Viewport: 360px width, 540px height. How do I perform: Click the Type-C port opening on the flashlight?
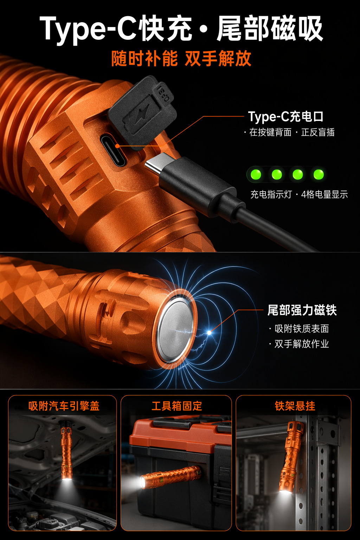[113, 150]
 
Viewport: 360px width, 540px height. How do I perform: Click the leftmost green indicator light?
[256, 174]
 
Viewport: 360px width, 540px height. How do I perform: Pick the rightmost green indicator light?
[319, 174]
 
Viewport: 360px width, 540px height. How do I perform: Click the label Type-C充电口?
[286, 117]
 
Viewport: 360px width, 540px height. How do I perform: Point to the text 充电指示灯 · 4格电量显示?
[299, 194]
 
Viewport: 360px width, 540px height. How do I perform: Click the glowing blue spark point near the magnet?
[209, 333]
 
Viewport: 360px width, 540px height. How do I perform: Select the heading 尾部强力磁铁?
[302, 310]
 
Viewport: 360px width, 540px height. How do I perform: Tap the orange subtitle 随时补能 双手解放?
[181, 59]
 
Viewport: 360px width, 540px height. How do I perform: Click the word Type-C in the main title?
[88, 29]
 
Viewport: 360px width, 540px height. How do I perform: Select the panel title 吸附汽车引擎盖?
[64, 406]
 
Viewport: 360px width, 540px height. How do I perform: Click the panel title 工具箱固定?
[177, 406]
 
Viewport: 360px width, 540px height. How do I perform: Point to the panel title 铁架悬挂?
[295, 406]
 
